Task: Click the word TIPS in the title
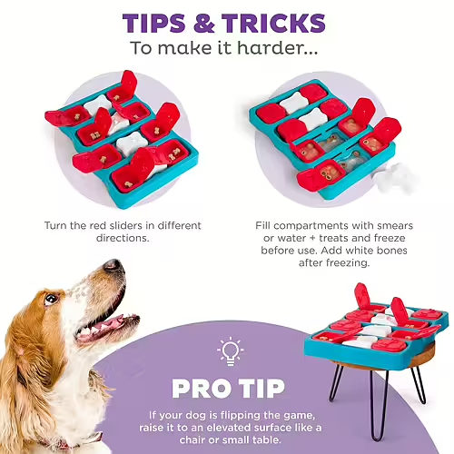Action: pyautogui.click(x=153, y=23)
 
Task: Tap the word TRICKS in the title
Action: pyautogui.click(x=273, y=23)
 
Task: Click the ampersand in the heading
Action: pyautogui.click(x=203, y=23)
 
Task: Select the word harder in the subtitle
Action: pyautogui.click(x=277, y=48)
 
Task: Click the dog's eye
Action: pyautogui.click(x=51, y=300)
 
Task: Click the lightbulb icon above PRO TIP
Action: pyautogui.click(x=230, y=351)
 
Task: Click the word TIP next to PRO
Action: pyautogui.click(x=262, y=389)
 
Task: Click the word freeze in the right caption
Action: pyautogui.click(x=390, y=238)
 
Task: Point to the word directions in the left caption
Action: pyautogui.click(x=123, y=238)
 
